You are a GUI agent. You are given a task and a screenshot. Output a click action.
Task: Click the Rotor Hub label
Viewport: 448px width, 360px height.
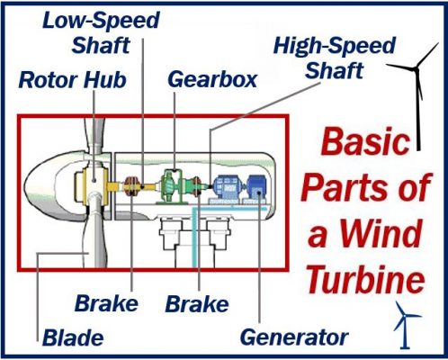73,80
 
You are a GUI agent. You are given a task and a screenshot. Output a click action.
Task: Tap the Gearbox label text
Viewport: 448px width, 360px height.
212,79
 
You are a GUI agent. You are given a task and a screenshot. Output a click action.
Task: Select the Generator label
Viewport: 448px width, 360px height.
294,337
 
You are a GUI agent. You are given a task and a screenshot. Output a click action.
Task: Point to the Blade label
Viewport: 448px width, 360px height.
73,337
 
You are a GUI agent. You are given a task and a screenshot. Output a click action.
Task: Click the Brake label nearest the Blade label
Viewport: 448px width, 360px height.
106,303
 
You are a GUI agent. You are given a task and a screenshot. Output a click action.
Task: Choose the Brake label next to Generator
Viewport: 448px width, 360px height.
197,304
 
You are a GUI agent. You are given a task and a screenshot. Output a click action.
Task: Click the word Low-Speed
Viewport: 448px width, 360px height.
101,21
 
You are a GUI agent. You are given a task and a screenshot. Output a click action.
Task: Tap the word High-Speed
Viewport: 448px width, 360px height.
335,46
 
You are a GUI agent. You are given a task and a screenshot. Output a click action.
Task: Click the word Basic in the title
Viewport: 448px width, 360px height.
365,141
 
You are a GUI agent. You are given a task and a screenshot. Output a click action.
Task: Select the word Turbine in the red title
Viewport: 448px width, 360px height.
366,279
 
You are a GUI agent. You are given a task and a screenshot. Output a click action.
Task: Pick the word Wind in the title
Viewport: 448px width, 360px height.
381,233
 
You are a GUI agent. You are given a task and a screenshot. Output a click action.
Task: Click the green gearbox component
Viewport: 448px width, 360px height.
171,186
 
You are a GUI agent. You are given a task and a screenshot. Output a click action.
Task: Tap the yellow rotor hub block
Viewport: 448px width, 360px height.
92,185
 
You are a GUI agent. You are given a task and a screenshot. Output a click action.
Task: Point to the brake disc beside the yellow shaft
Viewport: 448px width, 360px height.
131,186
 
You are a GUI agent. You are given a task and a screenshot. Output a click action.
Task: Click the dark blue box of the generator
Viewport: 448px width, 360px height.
256,187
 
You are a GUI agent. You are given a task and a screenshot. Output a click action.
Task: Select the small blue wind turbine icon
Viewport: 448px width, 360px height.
406,325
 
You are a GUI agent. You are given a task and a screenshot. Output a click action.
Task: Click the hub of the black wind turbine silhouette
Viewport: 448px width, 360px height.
416,69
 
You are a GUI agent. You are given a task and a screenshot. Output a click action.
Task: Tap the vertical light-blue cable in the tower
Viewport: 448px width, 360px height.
194,238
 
